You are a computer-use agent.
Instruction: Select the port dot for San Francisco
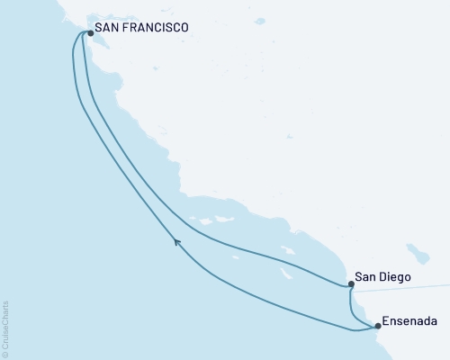(x=91, y=34)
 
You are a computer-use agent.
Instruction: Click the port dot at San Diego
(x=351, y=284)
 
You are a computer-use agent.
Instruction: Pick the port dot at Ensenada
(x=378, y=326)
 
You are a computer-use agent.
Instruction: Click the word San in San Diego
(x=366, y=278)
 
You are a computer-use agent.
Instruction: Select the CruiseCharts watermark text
(x=5, y=325)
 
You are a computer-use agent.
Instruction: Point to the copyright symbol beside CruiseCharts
(x=5, y=354)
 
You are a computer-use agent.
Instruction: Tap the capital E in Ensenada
(x=386, y=319)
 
